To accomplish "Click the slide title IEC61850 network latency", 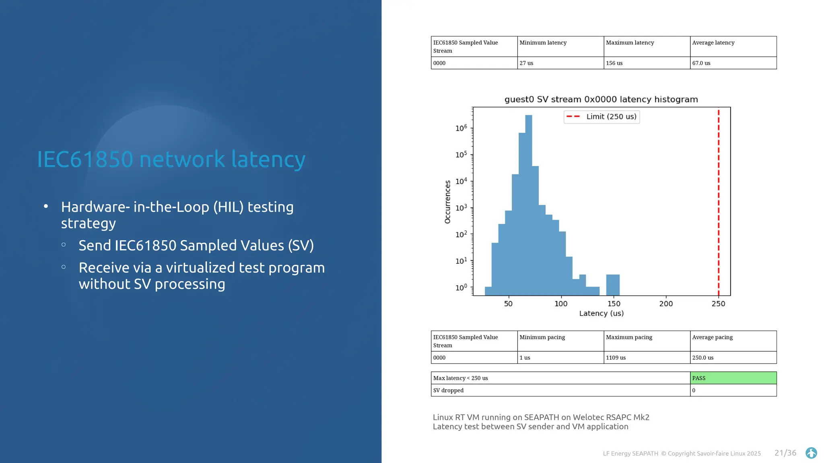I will pos(171,160).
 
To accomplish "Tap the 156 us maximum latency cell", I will pos(614,63).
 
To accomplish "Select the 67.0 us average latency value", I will pos(701,63).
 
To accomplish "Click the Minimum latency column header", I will pos(543,43).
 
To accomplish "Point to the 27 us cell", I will pos(526,63).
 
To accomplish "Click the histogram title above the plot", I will pos(601,99).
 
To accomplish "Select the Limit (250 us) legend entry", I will pos(602,117).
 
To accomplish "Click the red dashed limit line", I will pos(719,201).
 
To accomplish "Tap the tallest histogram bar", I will pos(529,201).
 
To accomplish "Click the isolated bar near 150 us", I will pos(613,285).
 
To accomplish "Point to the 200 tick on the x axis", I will pos(666,304).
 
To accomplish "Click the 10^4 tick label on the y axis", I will pos(461,181).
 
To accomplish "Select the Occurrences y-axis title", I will pos(447,202).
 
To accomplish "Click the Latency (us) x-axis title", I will pos(601,313).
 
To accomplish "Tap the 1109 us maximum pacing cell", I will pos(616,358).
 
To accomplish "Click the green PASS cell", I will pos(733,378).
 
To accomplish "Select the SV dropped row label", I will pos(448,391).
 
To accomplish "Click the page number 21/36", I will pos(785,453).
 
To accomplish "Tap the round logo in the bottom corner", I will pos(811,453).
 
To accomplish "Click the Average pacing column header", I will pos(712,337).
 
